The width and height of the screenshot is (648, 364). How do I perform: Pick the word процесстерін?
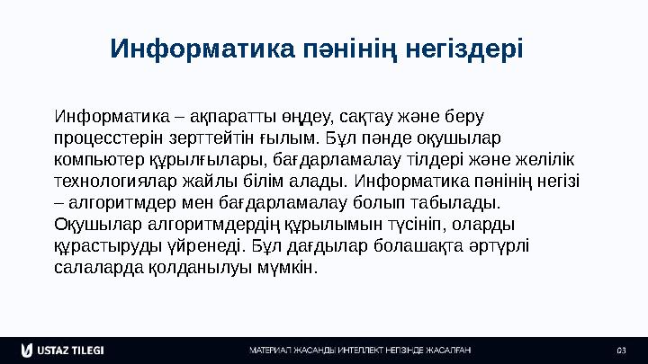click(107, 138)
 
